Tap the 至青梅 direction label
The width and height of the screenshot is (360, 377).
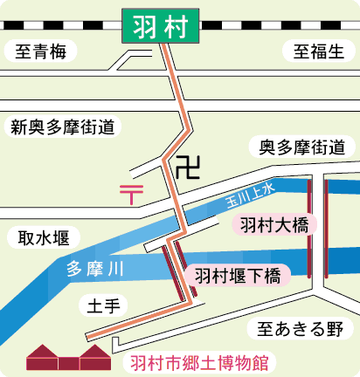(x=40, y=52)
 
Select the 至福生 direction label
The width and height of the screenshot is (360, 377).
(x=317, y=52)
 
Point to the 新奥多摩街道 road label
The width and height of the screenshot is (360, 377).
(x=63, y=127)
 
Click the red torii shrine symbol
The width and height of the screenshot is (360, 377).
(x=131, y=190)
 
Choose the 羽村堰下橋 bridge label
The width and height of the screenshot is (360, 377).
(x=237, y=278)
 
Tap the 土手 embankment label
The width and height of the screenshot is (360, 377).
(x=102, y=305)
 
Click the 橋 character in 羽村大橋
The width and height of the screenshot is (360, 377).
(x=301, y=225)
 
